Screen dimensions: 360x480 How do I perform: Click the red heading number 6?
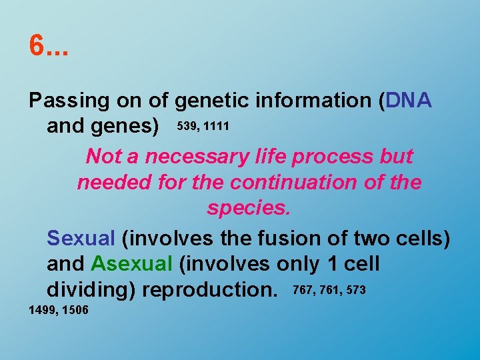[x=37, y=46]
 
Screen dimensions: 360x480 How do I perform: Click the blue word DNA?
[x=409, y=101]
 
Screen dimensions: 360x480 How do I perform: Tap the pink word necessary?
[x=201, y=157]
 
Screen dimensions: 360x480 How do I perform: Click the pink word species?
[x=249, y=209]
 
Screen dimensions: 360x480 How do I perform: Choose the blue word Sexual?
[x=81, y=237]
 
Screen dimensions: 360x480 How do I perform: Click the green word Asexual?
[x=132, y=264]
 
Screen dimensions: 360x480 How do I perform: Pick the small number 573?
[x=355, y=290]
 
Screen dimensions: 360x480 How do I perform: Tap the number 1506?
[x=75, y=311]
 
